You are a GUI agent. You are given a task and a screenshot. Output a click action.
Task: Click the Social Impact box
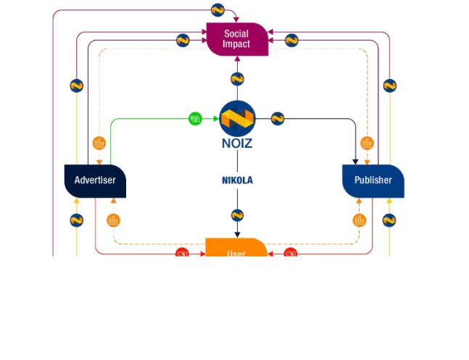point(237,39)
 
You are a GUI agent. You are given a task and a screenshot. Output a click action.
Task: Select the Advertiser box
point(95,180)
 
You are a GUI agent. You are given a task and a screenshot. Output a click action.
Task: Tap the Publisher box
point(373,180)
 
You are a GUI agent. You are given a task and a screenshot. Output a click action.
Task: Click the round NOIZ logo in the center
point(237,119)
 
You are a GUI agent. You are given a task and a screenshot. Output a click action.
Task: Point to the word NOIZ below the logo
point(237,143)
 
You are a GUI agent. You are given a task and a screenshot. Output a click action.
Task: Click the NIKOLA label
point(237,180)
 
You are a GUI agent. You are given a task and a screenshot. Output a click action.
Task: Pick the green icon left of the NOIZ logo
point(195,119)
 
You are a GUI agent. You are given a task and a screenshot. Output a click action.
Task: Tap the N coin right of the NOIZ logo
point(278,119)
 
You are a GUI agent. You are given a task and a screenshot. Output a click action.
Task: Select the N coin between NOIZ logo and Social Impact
point(237,79)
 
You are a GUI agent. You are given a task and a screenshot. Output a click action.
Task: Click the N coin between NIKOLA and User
point(237,215)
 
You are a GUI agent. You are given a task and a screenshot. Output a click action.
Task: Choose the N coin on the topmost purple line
point(217,10)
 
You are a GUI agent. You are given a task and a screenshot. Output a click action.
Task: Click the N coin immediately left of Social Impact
point(183,41)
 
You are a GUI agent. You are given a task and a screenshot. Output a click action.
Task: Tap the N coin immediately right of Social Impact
point(291,41)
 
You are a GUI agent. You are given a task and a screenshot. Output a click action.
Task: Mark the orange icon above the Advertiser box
point(99,143)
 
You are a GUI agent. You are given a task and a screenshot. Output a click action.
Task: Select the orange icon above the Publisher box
point(367,143)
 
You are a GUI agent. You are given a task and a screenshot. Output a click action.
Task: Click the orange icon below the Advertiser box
point(113,220)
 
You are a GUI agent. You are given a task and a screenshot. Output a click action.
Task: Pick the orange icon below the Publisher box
point(360,220)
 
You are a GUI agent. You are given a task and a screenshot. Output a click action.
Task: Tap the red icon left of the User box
point(183,254)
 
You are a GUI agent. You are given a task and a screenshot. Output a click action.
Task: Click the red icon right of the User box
point(291,254)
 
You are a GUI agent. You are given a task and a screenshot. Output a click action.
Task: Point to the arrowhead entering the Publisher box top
point(356,161)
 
